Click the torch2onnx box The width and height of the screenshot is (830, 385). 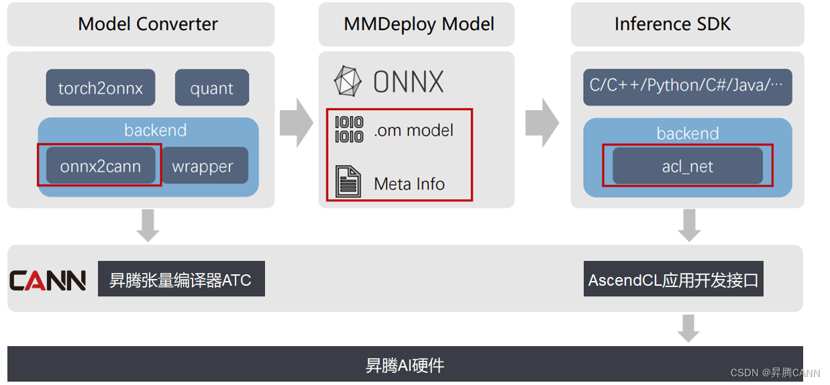[x=101, y=88]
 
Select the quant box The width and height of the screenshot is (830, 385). [x=212, y=88]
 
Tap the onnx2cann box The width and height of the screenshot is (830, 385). [x=101, y=166]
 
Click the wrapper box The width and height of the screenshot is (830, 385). [x=203, y=166]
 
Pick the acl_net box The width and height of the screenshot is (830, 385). [x=687, y=166]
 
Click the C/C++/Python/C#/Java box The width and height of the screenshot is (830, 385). [x=687, y=87]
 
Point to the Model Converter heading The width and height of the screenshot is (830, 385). [x=148, y=24]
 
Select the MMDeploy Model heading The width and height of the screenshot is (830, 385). [x=419, y=24]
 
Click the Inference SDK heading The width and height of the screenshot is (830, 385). [x=672, y=24]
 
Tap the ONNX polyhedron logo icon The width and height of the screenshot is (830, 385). [x=348, y=81]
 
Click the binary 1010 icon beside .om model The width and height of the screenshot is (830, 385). [x=349, y=129]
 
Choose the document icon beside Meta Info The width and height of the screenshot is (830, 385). [x=348, y=182]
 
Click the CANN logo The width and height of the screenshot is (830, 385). [x=48, y=280]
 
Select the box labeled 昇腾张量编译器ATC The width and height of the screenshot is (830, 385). [x=181, y=279]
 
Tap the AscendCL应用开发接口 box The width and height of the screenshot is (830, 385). [x=674, y=279]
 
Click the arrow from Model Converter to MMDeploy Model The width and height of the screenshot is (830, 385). [x=296, y=123]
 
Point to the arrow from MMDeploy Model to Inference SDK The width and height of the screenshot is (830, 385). [x=541, y=123]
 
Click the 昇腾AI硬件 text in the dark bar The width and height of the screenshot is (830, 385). [x=405, y=366]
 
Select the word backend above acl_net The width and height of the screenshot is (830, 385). [x=687, y=133]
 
